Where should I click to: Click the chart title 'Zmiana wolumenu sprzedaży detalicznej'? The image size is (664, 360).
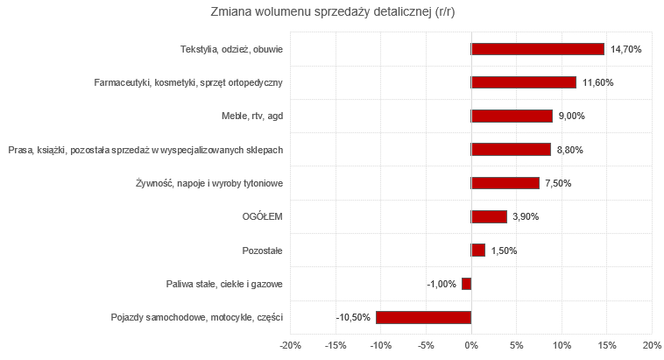[x=332, y=12]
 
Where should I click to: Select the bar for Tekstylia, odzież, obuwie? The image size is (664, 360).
[x=538, y=49]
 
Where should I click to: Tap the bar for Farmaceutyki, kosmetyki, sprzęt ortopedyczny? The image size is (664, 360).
[x=524, y=82]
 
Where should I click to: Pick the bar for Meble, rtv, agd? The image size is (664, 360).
[x=512, y=116]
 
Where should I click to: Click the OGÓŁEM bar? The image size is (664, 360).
[x=489, y=216]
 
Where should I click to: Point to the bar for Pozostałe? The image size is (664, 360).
[x=478, y=251]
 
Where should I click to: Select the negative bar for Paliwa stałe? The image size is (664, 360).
[x=467, y=284]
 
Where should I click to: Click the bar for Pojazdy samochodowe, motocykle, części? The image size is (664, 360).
[x=424, y=317]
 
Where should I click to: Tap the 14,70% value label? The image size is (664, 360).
[x=626, y=50]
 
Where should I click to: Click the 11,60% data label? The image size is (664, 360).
[x=598, y=83]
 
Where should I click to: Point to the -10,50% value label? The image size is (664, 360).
[x=354, y=318]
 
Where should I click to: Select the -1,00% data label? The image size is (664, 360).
[x=441, y=285]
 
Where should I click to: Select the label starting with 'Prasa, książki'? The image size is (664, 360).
[x=145, y=150]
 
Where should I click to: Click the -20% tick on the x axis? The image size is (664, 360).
[x=290, y=344]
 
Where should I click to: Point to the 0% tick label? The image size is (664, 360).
[x=471, y=344]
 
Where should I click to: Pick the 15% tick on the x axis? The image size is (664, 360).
[x=607, y=344]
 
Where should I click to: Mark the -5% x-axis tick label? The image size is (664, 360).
[x=426, y=344]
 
